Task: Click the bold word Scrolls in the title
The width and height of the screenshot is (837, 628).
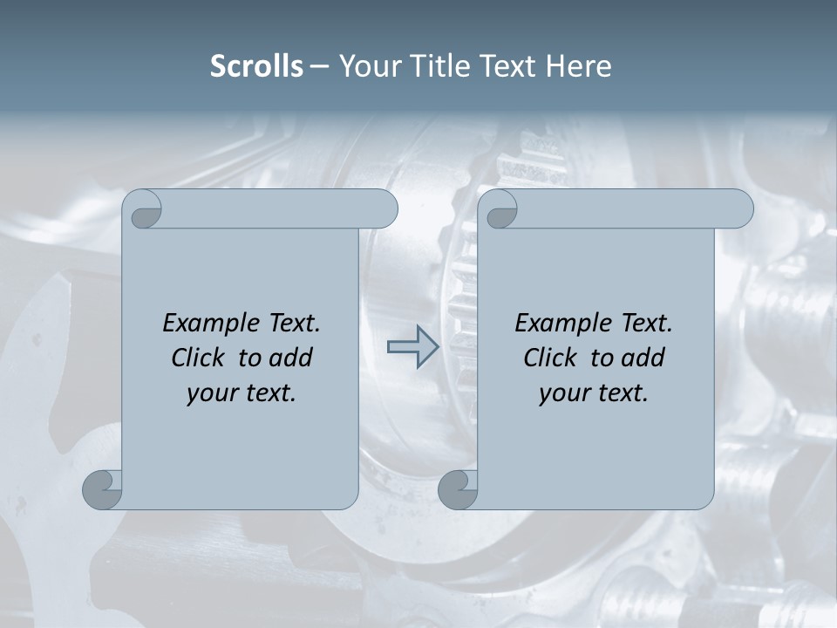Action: [256, 65]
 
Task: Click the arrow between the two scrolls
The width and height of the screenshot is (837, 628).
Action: [412, 346]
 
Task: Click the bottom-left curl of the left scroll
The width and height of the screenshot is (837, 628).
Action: [103, 489]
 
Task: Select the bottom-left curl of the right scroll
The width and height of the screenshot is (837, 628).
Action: [458, 489]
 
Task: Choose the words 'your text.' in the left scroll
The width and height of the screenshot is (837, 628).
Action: [242, 393]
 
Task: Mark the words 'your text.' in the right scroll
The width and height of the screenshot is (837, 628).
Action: [594, 393]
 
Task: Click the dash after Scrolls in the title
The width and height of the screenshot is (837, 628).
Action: [319, 66]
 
